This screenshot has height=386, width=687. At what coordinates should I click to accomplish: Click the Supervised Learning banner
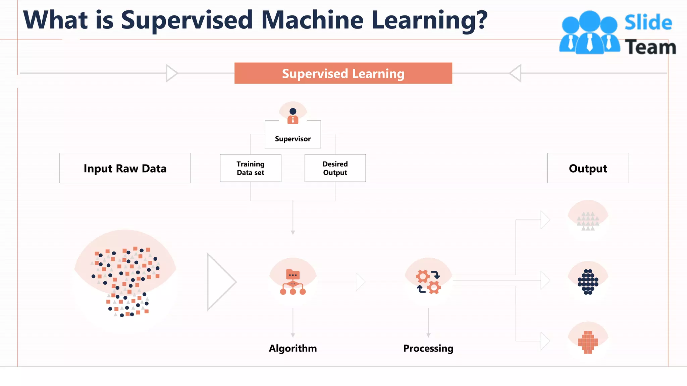pos(343,73)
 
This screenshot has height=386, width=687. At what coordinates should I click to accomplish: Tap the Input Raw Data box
pos(125,168)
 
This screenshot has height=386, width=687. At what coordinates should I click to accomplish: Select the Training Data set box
pos(251,168)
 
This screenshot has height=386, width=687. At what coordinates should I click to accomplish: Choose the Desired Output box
pos(335,168)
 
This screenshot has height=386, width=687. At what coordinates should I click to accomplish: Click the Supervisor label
pos(293,139)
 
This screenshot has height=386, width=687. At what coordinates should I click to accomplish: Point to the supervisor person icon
pos(293,116)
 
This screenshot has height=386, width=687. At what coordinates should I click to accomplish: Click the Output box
pos(588,168)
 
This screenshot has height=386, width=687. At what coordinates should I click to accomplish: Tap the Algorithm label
pos(293,348)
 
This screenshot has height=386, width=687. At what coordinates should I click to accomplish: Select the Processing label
pos(428,348)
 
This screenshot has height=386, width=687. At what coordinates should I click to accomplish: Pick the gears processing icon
pos(428,282)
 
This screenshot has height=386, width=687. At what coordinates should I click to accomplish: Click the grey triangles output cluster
pos(588,221)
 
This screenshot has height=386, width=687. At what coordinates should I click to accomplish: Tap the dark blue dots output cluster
pos(588,282)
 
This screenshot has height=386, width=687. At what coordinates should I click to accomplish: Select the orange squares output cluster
pos(588,342)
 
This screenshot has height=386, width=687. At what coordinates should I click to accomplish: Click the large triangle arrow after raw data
pos(220,282)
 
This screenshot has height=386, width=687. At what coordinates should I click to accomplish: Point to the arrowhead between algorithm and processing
pos(360,282)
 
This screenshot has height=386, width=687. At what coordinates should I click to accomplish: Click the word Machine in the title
pos(312,20)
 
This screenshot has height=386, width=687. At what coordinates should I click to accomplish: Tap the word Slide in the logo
pos(648,23)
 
